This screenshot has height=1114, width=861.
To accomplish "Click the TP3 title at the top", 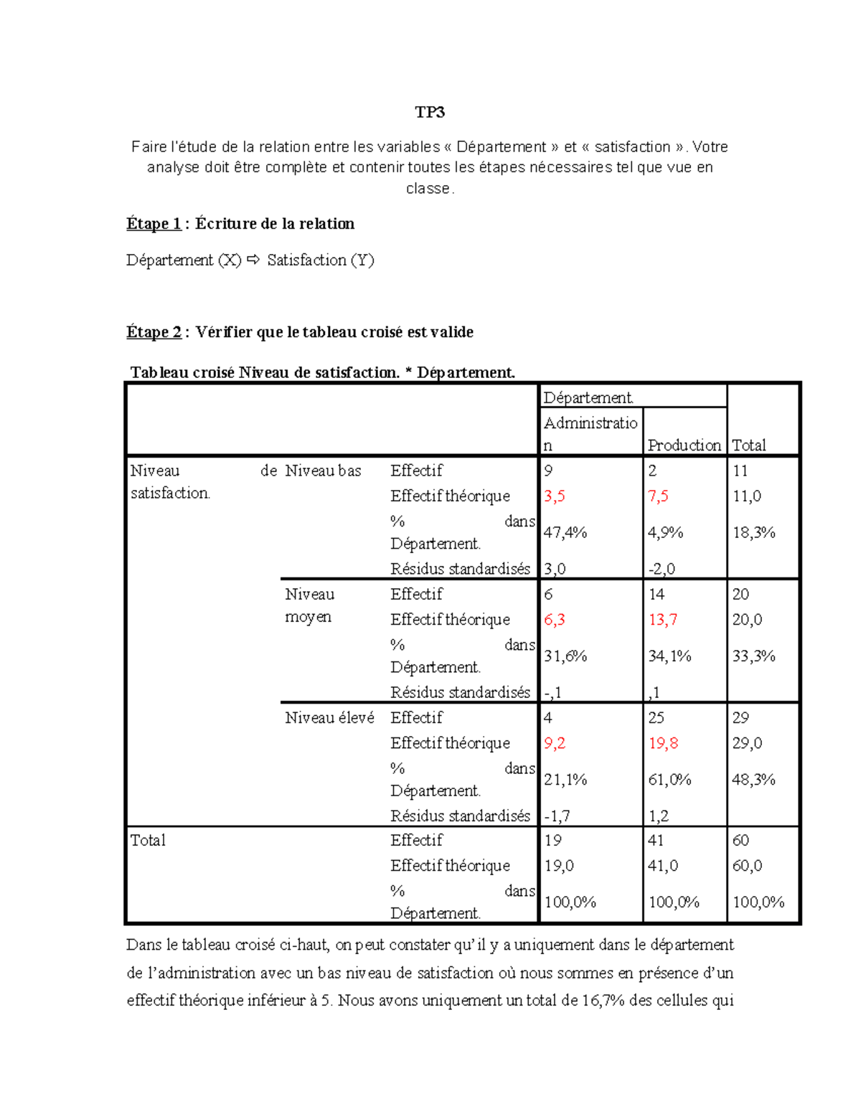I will point(430,112).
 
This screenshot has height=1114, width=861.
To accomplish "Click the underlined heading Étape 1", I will point(154,224).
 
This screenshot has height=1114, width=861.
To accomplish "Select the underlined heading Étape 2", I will point(154,332).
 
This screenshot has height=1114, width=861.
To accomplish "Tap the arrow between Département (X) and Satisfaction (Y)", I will point(253,260).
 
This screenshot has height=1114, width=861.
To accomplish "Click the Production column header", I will point(684,445).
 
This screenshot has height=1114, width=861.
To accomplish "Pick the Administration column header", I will point(590,433).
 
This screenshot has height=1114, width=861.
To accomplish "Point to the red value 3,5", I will point(555,496).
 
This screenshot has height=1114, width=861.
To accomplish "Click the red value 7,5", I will point(658,496).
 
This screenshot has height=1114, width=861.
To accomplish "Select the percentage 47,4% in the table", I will point(565,532).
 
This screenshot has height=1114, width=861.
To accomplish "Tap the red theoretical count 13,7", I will point(662,620).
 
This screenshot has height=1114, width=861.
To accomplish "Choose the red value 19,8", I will point(663,743).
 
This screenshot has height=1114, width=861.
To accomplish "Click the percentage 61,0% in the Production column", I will point(669,780).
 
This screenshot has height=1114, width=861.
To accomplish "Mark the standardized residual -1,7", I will point(557,816).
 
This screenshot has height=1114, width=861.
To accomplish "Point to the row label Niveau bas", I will point(323,471).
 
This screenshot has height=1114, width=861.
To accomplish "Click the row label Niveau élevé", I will point(329,718).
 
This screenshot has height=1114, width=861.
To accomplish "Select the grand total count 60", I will point(740,841).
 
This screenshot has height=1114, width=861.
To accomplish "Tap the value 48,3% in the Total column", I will point(753,780).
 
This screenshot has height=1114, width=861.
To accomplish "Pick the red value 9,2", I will point(555,743).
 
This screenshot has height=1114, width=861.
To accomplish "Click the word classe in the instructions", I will point(428,189).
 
